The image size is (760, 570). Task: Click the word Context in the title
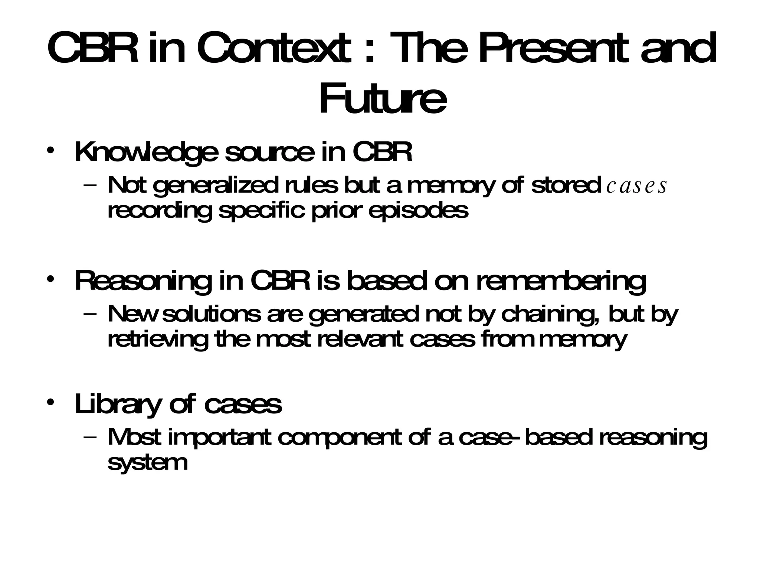[273, 48]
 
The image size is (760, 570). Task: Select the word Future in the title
[383, 99]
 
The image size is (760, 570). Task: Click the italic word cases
[636, 186]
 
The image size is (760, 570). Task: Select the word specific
[262, 211]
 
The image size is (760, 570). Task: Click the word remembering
[561, 281]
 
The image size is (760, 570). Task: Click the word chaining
[549, 315]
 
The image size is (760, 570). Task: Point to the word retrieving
[158, 339]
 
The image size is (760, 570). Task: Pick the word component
[339, 438]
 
